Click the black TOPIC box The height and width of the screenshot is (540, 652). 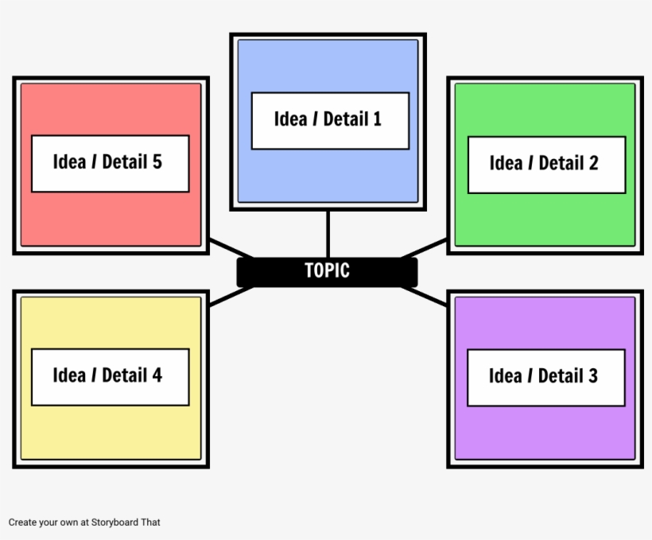point(327,271)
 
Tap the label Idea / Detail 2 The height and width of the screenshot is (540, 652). point(546,164)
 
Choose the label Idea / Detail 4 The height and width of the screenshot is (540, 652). point(110,376)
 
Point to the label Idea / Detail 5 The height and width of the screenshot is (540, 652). point(110,163)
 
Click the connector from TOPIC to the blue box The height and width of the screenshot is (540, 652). point(328,234)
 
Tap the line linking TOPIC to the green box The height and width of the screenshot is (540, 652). point(425,248)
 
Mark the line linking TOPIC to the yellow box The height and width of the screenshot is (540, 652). point(230,295)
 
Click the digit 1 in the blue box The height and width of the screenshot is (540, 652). point(376,119)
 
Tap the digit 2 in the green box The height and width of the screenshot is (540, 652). point(593,164)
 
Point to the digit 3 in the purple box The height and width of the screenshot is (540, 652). point(592,376)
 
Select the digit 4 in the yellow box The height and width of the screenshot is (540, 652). point(157,375)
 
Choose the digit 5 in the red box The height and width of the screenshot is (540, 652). point(157,162)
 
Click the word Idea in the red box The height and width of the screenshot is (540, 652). point(69,162)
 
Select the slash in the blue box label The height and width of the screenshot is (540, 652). point(316,119)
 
